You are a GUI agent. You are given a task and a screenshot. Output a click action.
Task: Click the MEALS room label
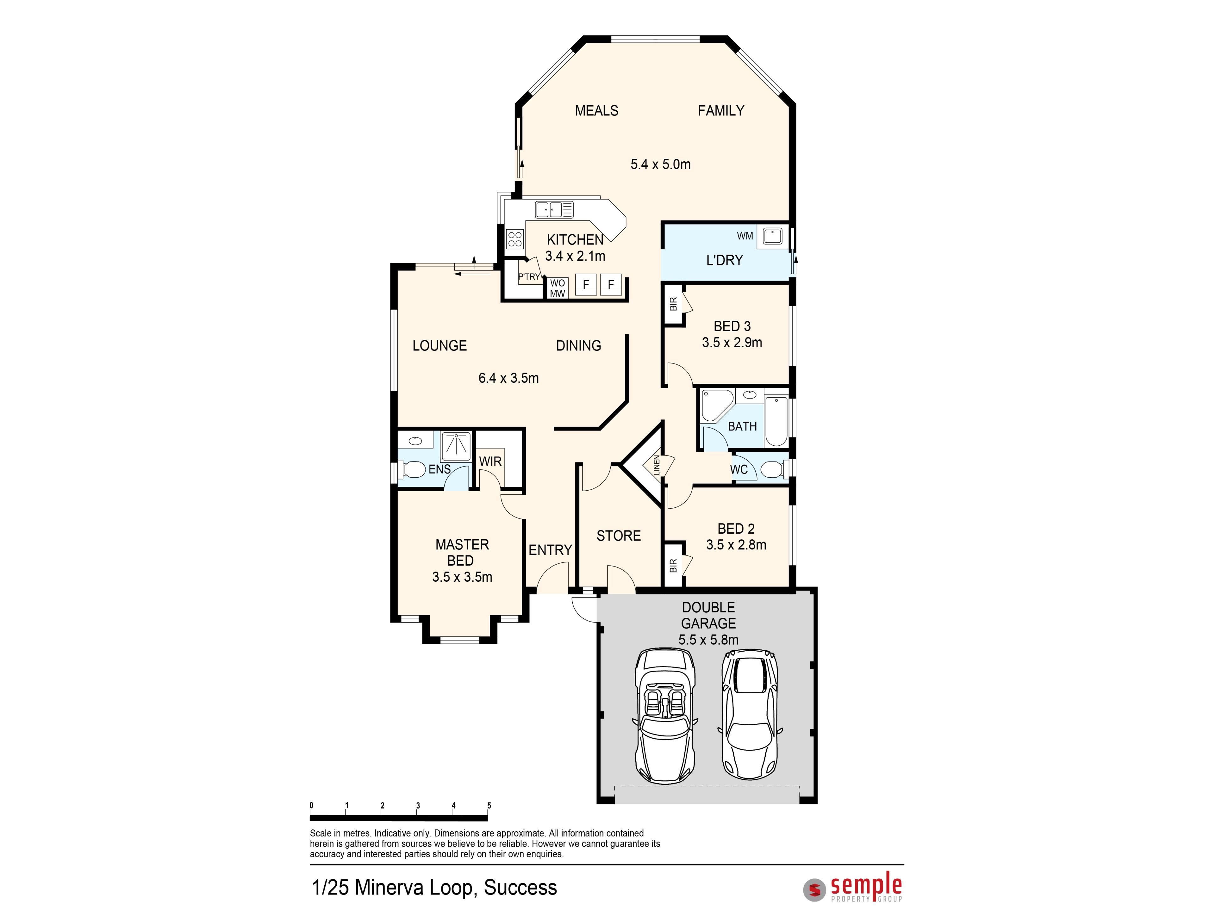tap(596, 111)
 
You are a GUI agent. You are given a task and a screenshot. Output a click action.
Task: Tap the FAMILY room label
tap(721, 111)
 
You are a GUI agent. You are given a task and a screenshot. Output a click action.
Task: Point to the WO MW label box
tap(558, 288)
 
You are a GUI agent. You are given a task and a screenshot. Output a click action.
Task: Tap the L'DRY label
tap(725, 260)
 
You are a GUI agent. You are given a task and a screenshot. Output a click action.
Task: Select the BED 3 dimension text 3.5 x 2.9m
tap(732, 343)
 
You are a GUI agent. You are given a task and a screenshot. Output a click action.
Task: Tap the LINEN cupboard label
tap(657, 465)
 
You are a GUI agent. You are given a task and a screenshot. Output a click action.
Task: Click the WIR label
tap(490, 461)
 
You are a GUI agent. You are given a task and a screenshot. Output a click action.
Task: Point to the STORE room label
tap(619, 536)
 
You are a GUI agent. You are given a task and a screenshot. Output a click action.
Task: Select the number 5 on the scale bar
tap(489, 806)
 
